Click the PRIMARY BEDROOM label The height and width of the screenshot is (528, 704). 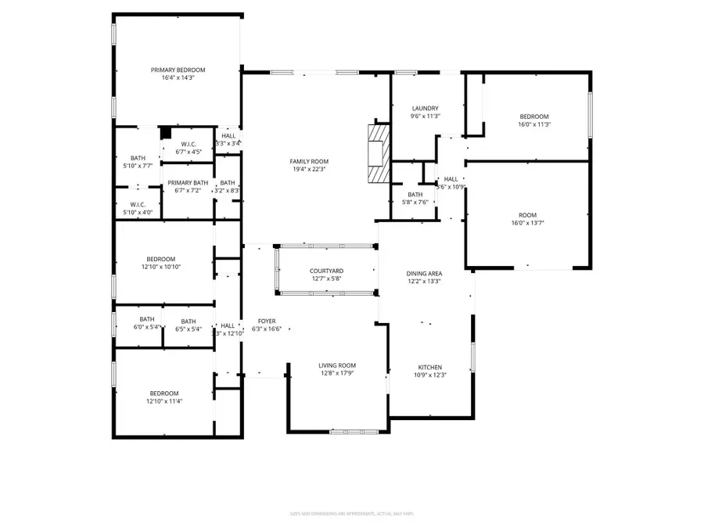click(x=178, y=70)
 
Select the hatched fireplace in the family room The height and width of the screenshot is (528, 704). click(x=379, y=154)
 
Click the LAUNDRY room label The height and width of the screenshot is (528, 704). click(x=425, y=108)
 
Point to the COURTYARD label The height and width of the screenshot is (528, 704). click(x=326, y=271)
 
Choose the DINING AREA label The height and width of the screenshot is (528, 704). click(x=424, y=273)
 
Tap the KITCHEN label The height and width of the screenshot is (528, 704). click(x=429, y=367)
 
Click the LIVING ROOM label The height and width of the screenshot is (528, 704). click(x=337, y=365)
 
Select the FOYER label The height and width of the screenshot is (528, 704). click(x=267, y=321)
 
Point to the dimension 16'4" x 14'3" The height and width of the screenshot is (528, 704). click(x=178, y=78)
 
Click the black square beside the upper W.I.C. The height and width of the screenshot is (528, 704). click(x=166, y=133)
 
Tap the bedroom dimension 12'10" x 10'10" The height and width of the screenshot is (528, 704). click(x=160, y=267)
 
